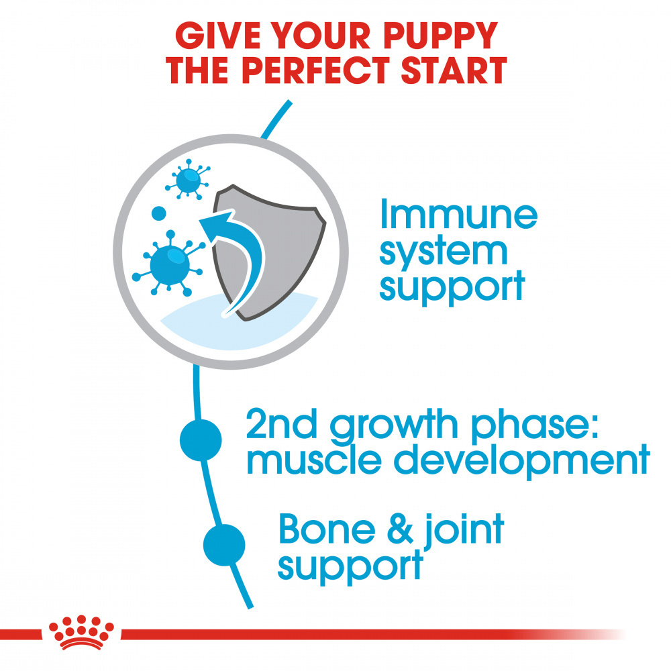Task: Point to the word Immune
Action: tap(458, 214)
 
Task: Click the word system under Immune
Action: tap(444, 251)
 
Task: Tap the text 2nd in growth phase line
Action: tap(278, 423)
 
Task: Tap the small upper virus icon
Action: tap(186, 179)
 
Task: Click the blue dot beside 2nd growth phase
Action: tap(201, 440)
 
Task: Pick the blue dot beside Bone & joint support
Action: tap(223, 545)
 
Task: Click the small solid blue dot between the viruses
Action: tap(158, 214)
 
